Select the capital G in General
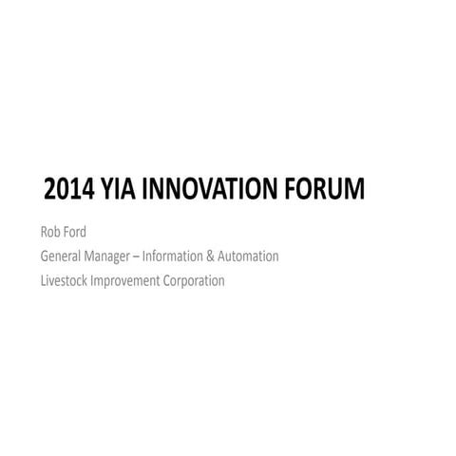tap(45, 256)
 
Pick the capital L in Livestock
tap(43, 280)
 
